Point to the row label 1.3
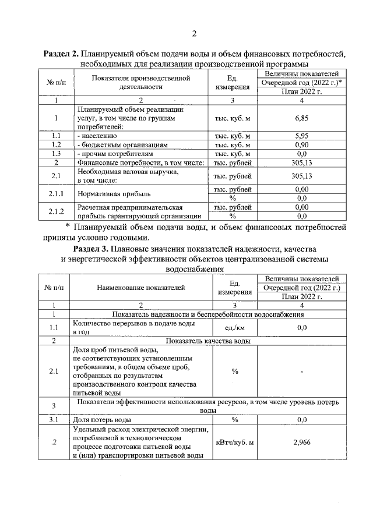tap(57, 153)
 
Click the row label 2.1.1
tap(57, 193)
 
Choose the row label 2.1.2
tap(57, 211)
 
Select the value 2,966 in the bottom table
tap(301, 443)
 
